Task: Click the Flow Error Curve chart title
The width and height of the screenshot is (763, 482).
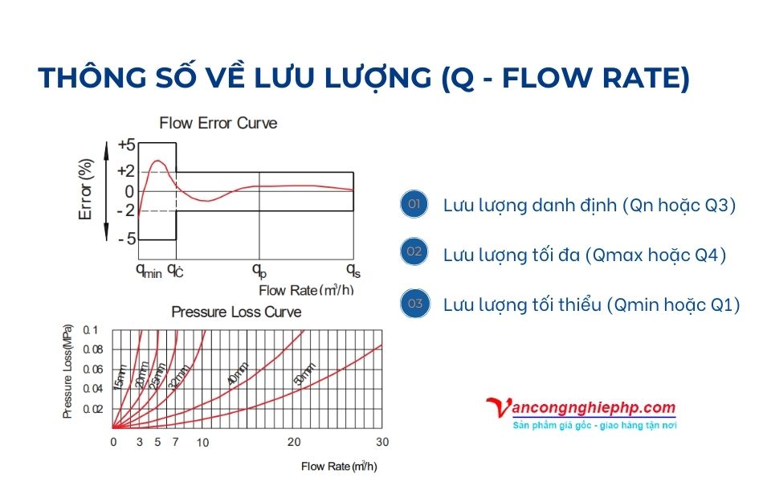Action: coord(218,123)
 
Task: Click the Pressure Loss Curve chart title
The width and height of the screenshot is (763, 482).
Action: coord(236,312)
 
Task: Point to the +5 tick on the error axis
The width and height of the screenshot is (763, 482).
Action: coord(126,145)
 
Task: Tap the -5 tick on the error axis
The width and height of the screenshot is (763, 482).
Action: coord(126,239)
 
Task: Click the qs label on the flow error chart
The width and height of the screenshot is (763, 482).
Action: coord(353,268)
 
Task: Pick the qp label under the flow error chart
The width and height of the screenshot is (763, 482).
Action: coord(259,270)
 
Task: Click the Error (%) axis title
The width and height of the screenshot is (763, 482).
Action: coord(86,191)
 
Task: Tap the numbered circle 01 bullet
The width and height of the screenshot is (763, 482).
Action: coord(414,204)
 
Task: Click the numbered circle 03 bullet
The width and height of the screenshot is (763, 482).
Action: coord(414,304)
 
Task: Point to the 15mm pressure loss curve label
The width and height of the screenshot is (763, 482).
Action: coord(120,378)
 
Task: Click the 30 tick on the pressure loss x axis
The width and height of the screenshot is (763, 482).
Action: coord(382,443)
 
